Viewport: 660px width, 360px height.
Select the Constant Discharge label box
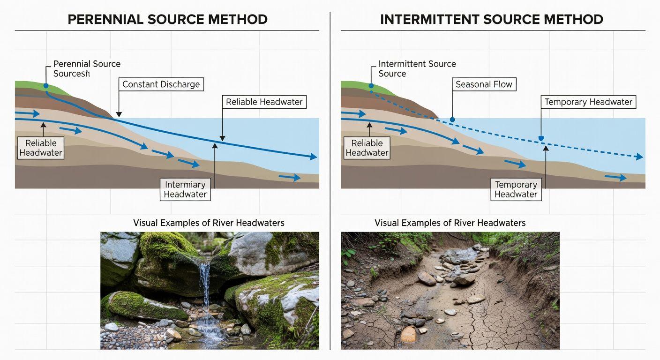[x=161, y=84]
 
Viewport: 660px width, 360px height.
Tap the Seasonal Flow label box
[x=484, y=84]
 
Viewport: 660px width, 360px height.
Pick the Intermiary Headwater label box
[x=185, y=189]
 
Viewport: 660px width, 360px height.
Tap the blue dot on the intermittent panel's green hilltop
[x=371, y=86]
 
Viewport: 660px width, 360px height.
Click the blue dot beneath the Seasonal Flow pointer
[x=452, y=120]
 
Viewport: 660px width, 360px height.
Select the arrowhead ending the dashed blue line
[x=639, y=157]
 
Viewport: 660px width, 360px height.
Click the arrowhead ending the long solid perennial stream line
[x=313, y=157]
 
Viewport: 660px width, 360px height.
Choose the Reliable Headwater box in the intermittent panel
[x=367, y=148]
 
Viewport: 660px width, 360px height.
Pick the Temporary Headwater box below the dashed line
[x=516, y=189]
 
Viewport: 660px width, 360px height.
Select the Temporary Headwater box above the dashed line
[x=588, y=102]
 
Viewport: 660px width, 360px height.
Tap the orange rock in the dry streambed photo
[x=408, y=334]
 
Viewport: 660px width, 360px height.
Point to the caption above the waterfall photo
[x=209, y=223]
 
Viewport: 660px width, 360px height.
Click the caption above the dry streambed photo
[x=450, y=223]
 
